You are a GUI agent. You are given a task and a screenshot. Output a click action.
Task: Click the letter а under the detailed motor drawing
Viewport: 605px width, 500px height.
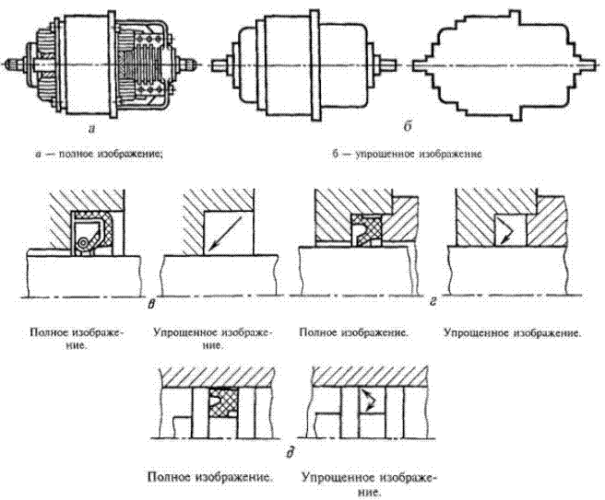(89, 130)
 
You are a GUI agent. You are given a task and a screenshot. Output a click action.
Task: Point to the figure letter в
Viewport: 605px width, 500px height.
(150, 300)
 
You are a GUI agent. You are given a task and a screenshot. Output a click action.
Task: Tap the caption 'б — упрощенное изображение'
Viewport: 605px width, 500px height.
(409, 154)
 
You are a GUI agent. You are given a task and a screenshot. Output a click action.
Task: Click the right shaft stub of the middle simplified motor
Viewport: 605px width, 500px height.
(388, 65)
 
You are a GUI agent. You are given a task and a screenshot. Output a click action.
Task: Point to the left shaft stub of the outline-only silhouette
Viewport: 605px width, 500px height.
(418, 66)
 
